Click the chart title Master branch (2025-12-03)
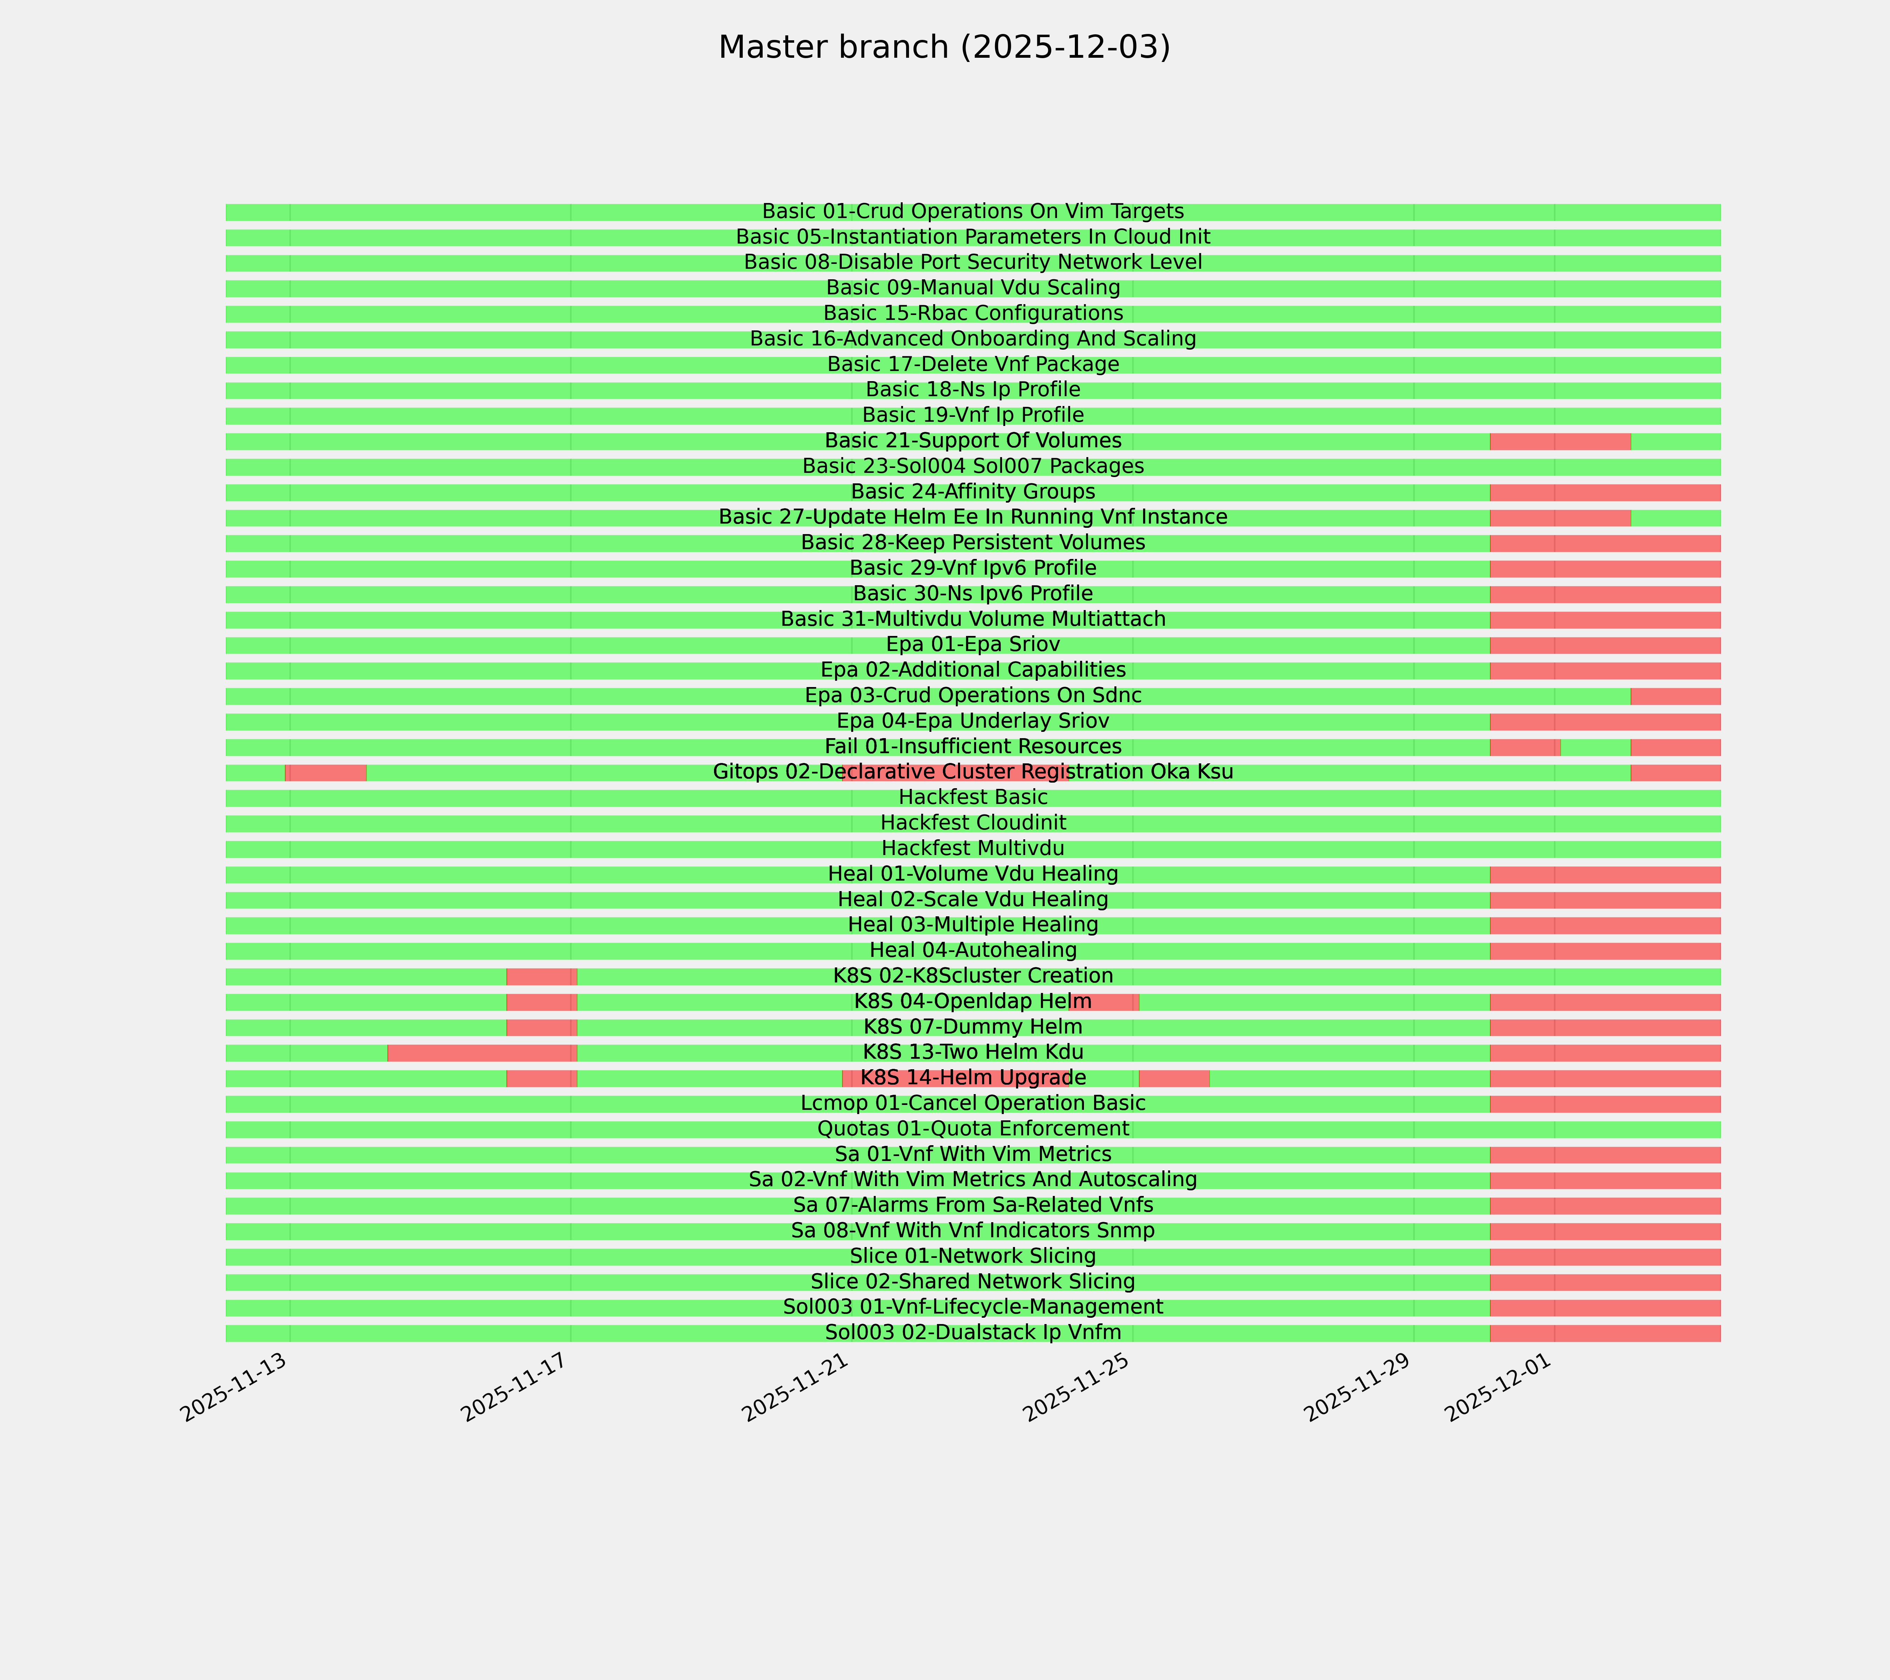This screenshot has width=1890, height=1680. [x=944, y=47]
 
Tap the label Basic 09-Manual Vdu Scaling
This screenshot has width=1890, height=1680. [x=973, y=288]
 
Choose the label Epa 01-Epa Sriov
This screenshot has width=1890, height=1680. [x=973, y=644]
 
